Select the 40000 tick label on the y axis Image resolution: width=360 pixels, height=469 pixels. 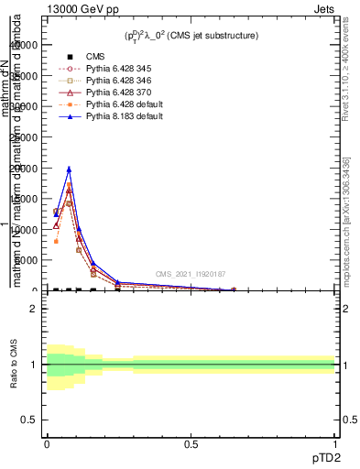[x=26, y=45]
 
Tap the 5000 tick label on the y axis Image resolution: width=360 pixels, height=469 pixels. [x=27, y=260]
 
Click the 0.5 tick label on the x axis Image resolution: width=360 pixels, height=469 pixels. [x=191, y=443]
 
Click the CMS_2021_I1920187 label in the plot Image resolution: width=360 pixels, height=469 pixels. [x=190, y=275]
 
